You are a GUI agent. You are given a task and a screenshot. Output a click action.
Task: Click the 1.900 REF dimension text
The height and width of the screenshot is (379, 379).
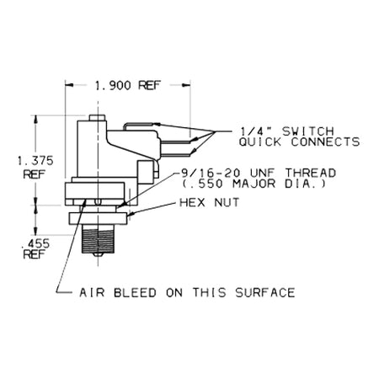tap(128, 85)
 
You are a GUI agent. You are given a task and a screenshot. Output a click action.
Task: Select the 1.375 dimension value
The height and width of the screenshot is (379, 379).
tap(35, 161)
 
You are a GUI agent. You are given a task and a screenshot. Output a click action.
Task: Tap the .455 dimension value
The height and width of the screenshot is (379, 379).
tap(35, 243)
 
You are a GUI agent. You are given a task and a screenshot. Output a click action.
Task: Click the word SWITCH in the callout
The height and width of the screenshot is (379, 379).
tap(308, 131)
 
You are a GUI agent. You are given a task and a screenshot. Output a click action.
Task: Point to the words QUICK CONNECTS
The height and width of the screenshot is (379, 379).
tap(299, 142)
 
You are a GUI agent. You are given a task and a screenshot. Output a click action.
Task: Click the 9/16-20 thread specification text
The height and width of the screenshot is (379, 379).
tap(258, 173)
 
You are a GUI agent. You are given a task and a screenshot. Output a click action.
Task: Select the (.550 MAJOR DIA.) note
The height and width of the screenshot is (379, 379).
tap(254, 184)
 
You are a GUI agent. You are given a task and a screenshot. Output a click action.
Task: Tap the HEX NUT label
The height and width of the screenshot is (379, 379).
tap(210, 202)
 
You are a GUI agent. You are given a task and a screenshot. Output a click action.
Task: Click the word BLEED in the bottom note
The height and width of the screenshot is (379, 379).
tap(135, 293)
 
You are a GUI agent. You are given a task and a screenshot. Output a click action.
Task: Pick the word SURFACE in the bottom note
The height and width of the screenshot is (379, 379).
tap(265, 293)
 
